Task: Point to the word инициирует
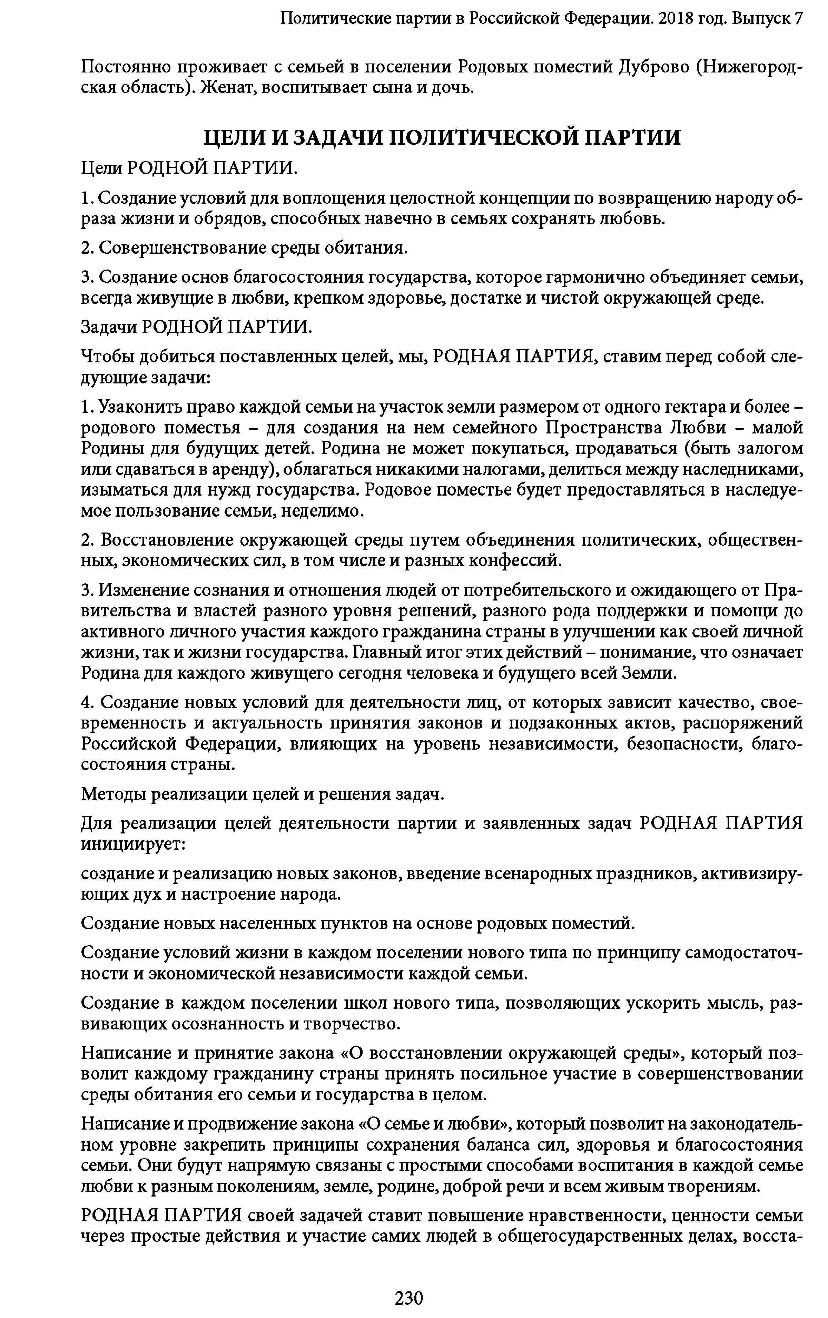[134, 843]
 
